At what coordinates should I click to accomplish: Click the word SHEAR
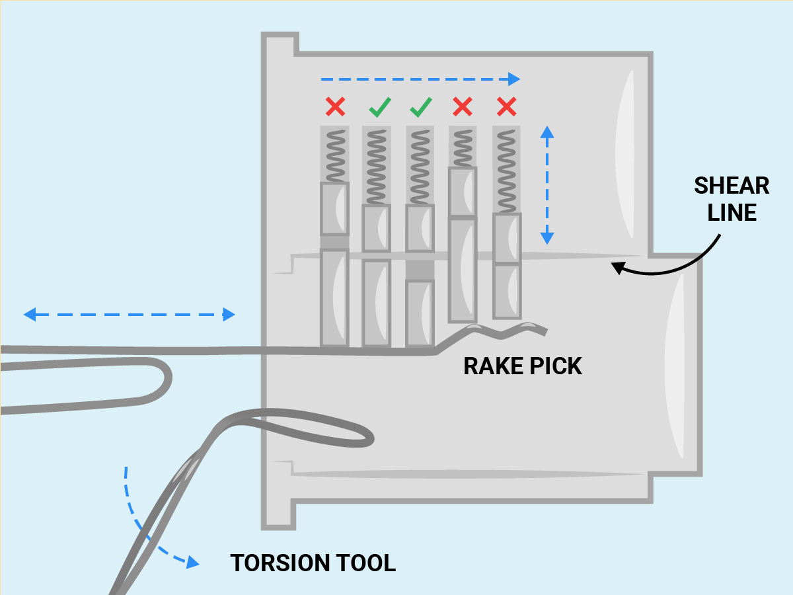click(732, 186)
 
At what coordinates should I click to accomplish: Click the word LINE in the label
click(732, 212)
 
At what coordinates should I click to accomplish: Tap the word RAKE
click(494, 366)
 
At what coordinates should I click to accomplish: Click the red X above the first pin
click(335, 106)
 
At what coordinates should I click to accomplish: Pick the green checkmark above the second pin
click(380, 107)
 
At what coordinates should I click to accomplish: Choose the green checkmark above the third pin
click(421, 107)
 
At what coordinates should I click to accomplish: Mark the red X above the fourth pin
click(463, 106)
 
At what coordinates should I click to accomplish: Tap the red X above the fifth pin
click(506, 106)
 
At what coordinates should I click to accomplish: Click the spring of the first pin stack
click(336, 156)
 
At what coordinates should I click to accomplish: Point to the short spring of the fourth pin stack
click(463, 148)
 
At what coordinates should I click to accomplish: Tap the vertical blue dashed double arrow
click(547, 185)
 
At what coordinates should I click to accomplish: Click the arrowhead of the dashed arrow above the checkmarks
click(514, 79)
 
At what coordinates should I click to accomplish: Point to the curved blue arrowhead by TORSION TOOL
click(192, 562)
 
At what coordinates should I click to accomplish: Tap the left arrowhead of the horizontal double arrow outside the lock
click(30, 314)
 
